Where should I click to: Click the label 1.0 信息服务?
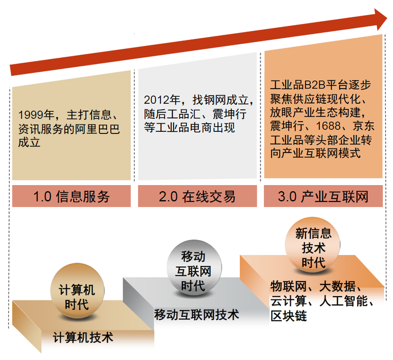[71, 197]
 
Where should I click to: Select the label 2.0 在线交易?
[197, 197]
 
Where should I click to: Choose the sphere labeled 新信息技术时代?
[313, 247]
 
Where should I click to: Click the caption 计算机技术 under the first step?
[83, 338]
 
